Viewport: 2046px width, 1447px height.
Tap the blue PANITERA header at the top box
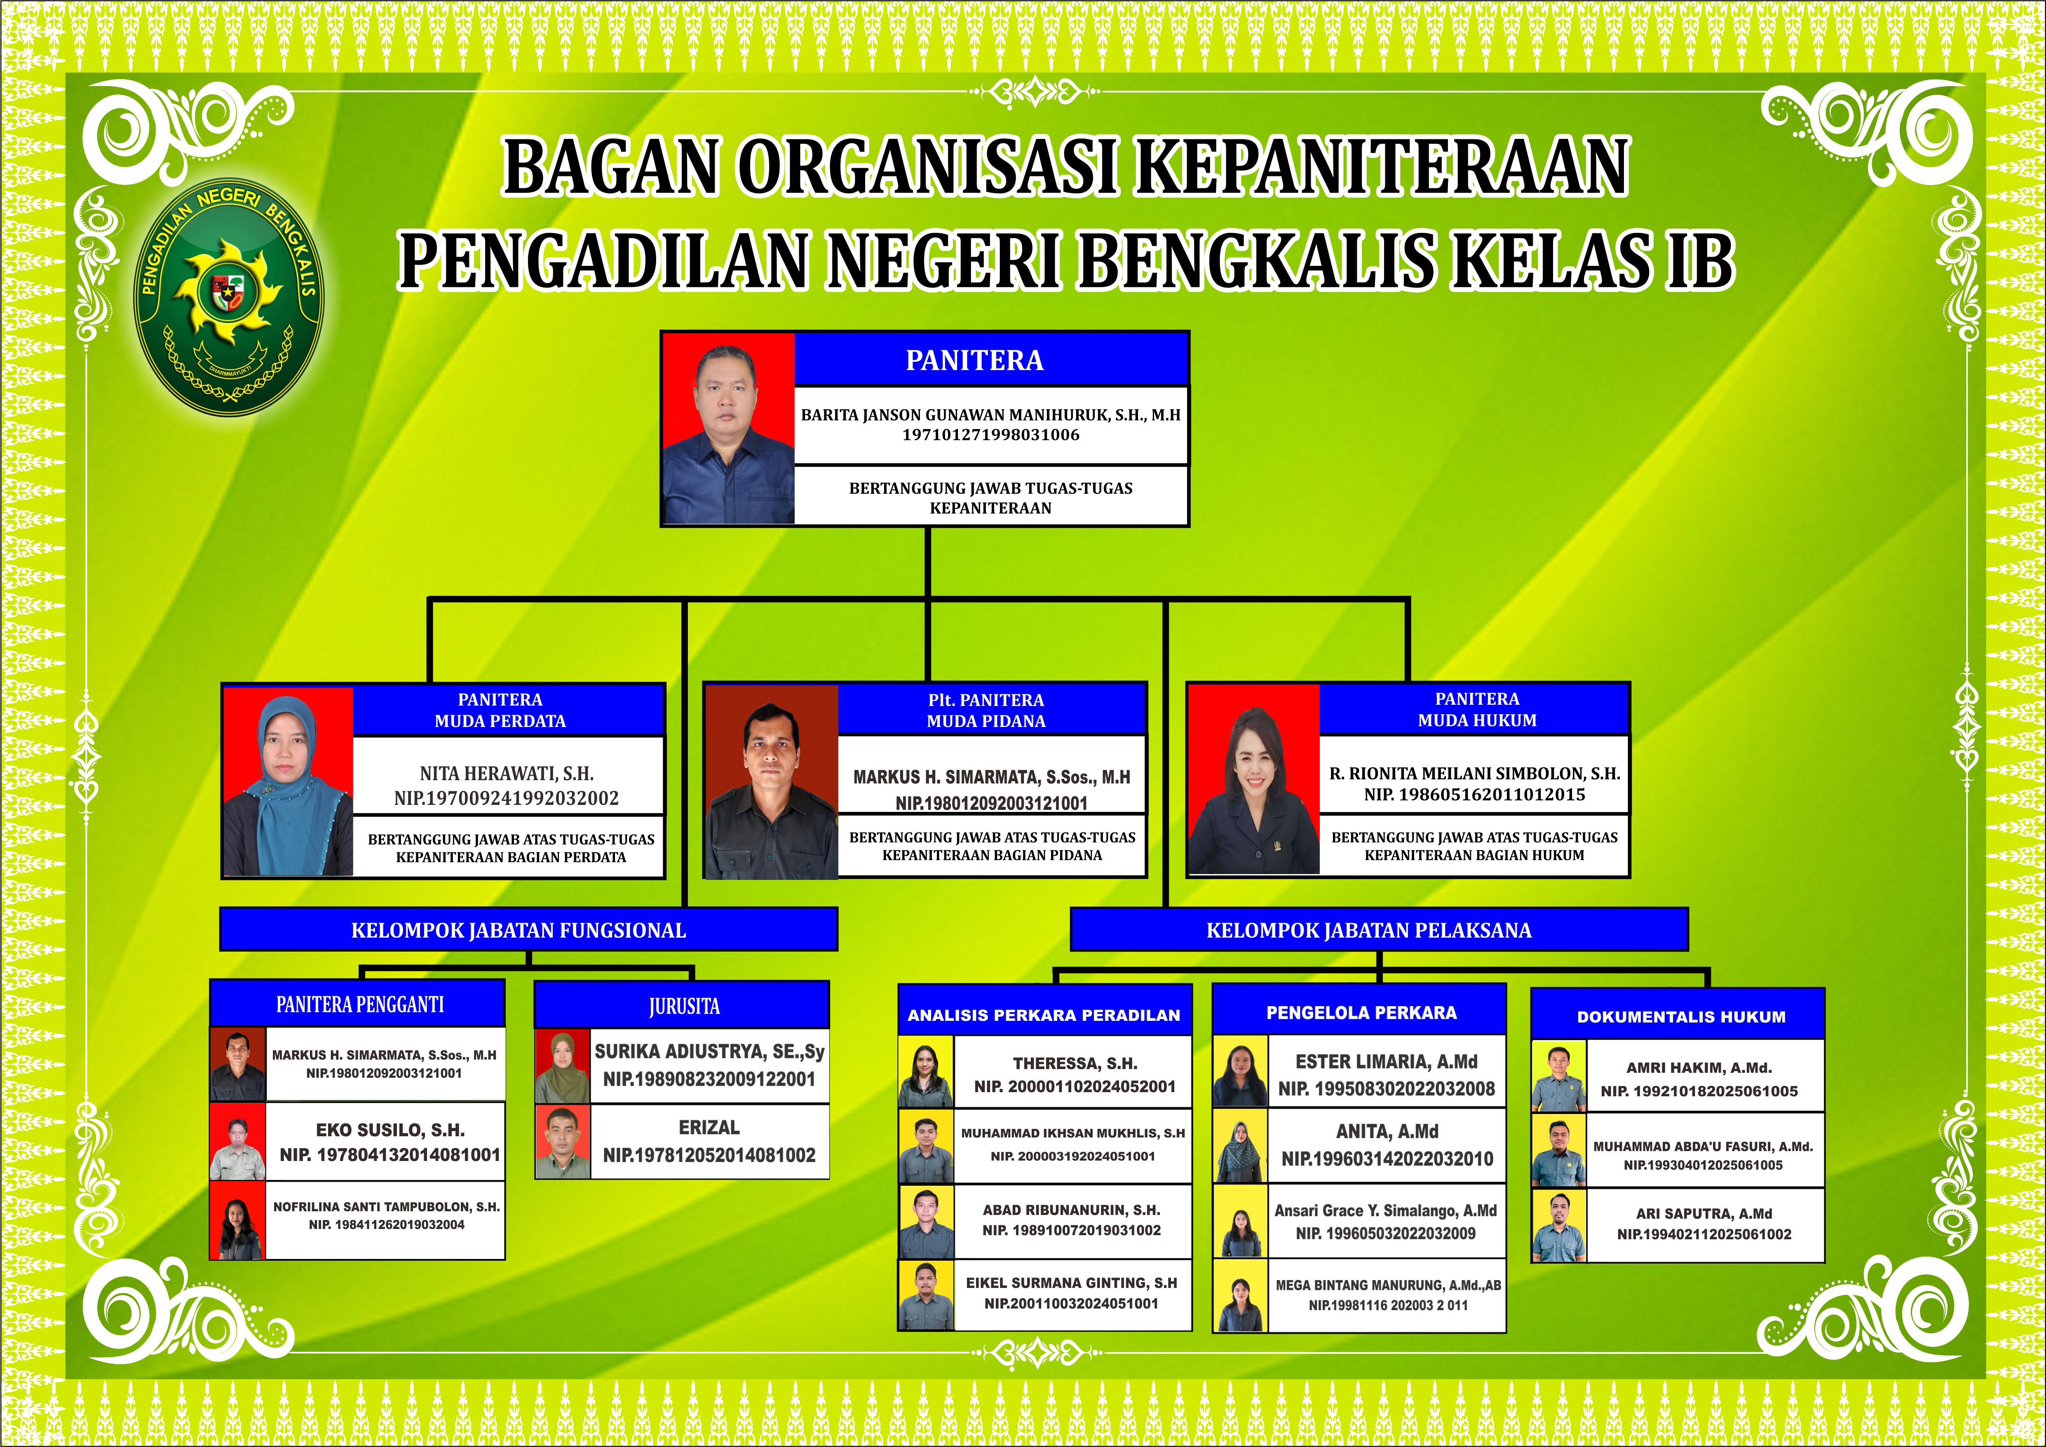(991, 360)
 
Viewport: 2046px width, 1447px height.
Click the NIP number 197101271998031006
(991, 435)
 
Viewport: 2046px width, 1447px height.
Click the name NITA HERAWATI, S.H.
(507, 774)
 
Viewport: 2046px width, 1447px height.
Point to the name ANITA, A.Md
(1387, 1132)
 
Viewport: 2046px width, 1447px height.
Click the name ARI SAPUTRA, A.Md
(1704, 1214)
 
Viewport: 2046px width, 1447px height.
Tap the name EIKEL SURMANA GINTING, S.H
(1072, 1283)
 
